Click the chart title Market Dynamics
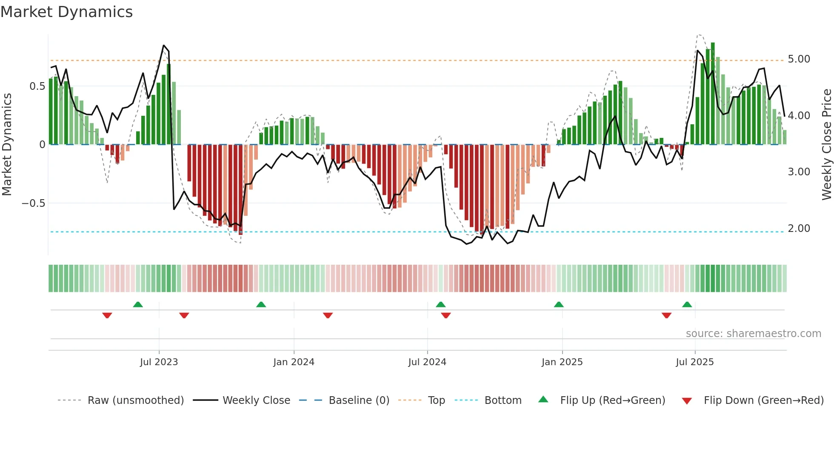[66, 12]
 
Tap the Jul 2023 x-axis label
[159, 362]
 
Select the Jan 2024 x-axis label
[294, 362]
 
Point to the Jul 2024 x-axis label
[427, 362]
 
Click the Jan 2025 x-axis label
[562, 362]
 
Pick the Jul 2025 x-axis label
[695, 362]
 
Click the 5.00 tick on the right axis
[799, 59]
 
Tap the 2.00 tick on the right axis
[799, 229]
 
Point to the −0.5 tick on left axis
[34, 203]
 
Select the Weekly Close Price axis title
[826, 145]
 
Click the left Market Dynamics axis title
[7, 145]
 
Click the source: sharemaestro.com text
[753, 334]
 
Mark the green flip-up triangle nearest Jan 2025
[559, 304]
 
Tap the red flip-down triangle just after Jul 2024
[446, 315]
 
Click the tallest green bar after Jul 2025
[713, 94]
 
